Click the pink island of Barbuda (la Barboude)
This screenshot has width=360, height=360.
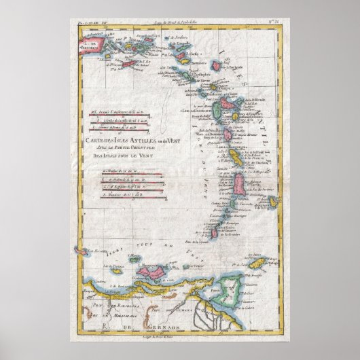(x=219, y=66)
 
